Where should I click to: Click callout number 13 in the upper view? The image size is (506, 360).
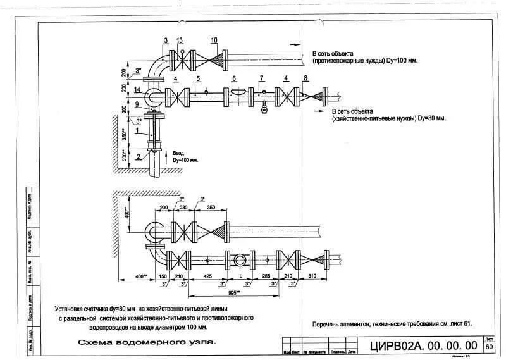click(180, 40)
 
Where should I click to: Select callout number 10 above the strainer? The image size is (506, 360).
click(214, 40)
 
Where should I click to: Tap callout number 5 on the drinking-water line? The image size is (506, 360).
click(198, 78)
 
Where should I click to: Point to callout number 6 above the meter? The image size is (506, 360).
click(234, 78)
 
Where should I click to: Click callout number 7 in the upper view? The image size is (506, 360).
click(261, 78)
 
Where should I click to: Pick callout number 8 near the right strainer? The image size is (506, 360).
click(305, 78)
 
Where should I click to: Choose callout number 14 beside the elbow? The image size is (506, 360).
click(137, 90)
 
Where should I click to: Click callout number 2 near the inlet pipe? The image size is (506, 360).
click(138, 156)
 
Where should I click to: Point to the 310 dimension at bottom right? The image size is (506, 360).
click(312, 276)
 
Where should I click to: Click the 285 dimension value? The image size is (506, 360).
click(266, 276)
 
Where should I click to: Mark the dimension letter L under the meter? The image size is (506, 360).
click(241, 276)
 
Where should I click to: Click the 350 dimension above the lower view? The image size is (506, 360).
click(211, 208)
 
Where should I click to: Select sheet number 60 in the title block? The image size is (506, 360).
click(489, 347)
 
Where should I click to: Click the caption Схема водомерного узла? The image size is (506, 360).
click(147, 342)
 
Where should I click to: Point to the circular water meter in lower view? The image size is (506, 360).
click(241, 260)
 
